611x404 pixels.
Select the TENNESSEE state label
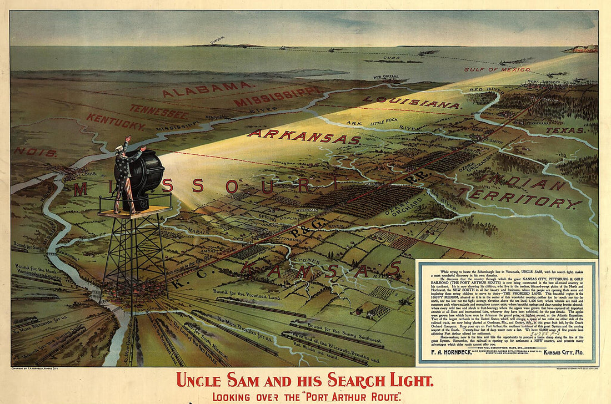[159, 111]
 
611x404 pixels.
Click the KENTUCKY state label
[115, 122]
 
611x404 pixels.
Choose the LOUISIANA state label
[412, 102]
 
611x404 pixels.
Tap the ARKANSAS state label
[304, 136]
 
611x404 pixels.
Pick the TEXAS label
[564, 130]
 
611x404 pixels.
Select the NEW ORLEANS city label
[385, 77]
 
